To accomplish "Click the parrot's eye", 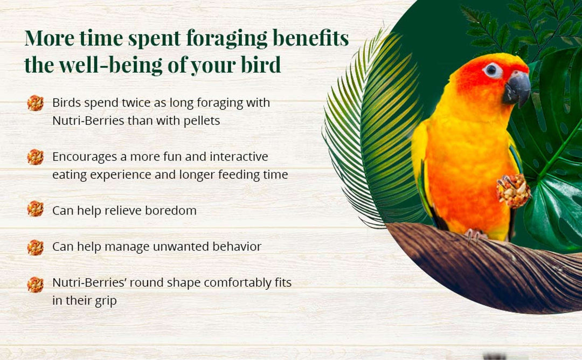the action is [491, 69].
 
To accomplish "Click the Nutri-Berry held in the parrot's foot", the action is [514, 191].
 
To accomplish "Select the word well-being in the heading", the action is [110, 65].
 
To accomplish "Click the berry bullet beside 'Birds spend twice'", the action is [35, 103].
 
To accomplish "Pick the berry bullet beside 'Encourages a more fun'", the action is [35, 157].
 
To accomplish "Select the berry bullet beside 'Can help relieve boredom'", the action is [35, 209].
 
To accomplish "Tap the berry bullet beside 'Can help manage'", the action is [35, 247].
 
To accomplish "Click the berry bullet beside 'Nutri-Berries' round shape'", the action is [35, 285].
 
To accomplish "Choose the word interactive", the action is [239, 157].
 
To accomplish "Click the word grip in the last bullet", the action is [106, 301].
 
